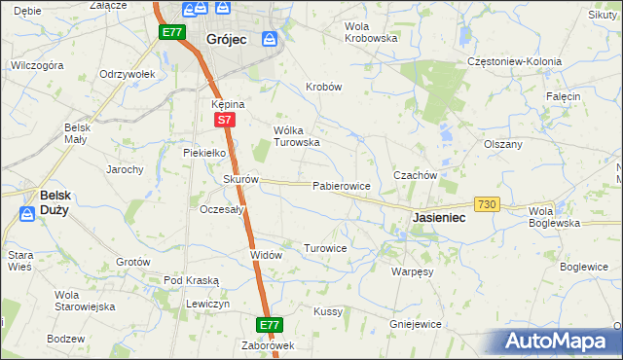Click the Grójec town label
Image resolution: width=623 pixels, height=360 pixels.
227,39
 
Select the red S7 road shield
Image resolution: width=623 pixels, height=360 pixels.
224,120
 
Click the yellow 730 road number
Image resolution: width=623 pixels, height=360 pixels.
488,204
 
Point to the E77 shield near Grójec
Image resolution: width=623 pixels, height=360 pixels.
172,32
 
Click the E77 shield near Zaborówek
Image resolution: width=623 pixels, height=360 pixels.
270,324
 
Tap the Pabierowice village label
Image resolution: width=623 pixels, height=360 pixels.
341,185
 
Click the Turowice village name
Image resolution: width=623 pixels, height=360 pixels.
325,248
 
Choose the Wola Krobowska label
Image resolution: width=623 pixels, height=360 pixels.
371,32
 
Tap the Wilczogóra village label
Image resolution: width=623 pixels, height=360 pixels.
37,65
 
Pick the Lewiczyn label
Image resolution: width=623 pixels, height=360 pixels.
208,304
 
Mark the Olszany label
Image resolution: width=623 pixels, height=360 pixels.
503,144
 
